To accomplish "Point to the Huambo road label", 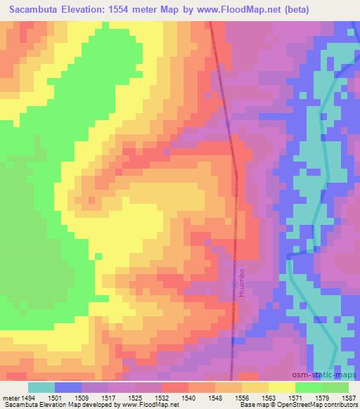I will coord(240,281).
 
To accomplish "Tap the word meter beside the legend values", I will coord(12,397).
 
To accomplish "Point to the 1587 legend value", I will coord(345,397).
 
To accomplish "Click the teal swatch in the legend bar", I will coord(41,387).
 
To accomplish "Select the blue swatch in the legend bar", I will coord(68,387).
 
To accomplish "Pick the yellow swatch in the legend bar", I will coord(282,387).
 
